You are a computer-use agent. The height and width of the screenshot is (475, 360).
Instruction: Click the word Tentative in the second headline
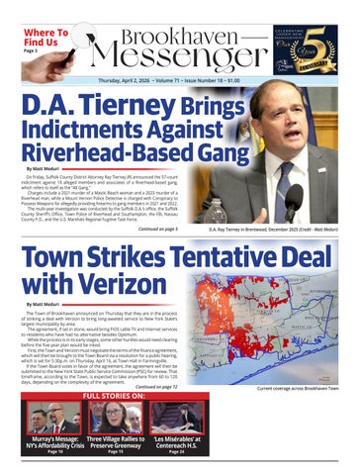pos(204,256)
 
